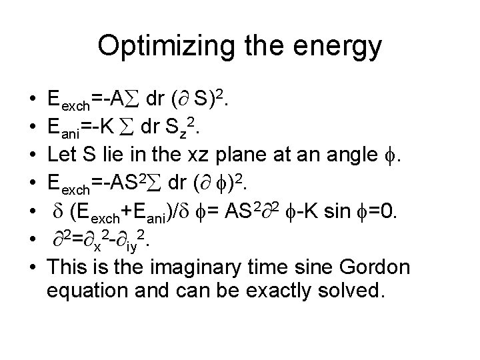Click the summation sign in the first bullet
tap(133, 101)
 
